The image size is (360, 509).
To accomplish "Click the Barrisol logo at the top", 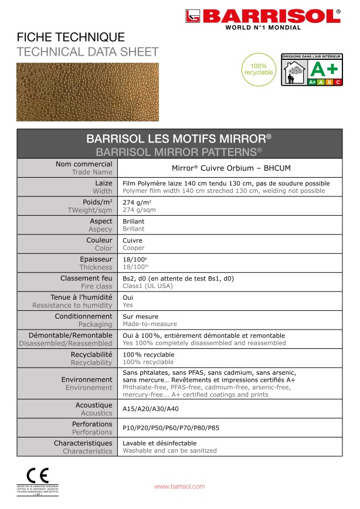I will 262,18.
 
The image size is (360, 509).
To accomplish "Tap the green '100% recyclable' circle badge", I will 258,69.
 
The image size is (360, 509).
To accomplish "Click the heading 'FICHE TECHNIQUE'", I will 71,38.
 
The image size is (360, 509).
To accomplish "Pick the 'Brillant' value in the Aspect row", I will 134,222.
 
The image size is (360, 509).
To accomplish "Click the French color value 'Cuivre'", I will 133,240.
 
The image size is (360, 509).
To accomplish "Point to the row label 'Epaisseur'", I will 96,259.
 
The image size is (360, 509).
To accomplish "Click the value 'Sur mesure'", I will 140,317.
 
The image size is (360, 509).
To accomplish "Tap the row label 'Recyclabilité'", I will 91,355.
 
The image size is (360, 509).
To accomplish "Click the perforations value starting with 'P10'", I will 171,427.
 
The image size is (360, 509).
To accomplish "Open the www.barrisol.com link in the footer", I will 179,487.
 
